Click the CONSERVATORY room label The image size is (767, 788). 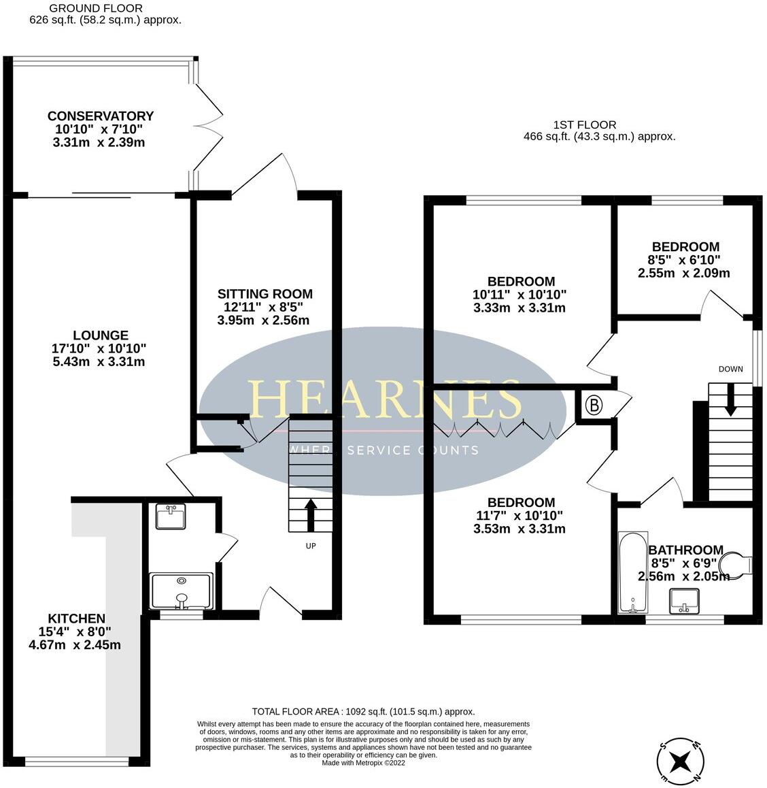click(101, 116)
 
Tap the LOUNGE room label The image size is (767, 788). click(101, 335)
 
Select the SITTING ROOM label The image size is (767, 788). click(265, 294)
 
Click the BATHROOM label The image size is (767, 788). click(685, 550)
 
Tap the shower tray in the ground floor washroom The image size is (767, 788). click(182, 591)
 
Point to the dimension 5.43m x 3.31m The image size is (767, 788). click(99, 362)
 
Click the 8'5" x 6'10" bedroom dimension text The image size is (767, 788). click(685, 260)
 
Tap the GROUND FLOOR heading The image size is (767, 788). click(105, 8)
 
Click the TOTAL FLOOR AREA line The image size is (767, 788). click(363, 711)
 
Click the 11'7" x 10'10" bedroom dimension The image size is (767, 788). click(519, 516)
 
